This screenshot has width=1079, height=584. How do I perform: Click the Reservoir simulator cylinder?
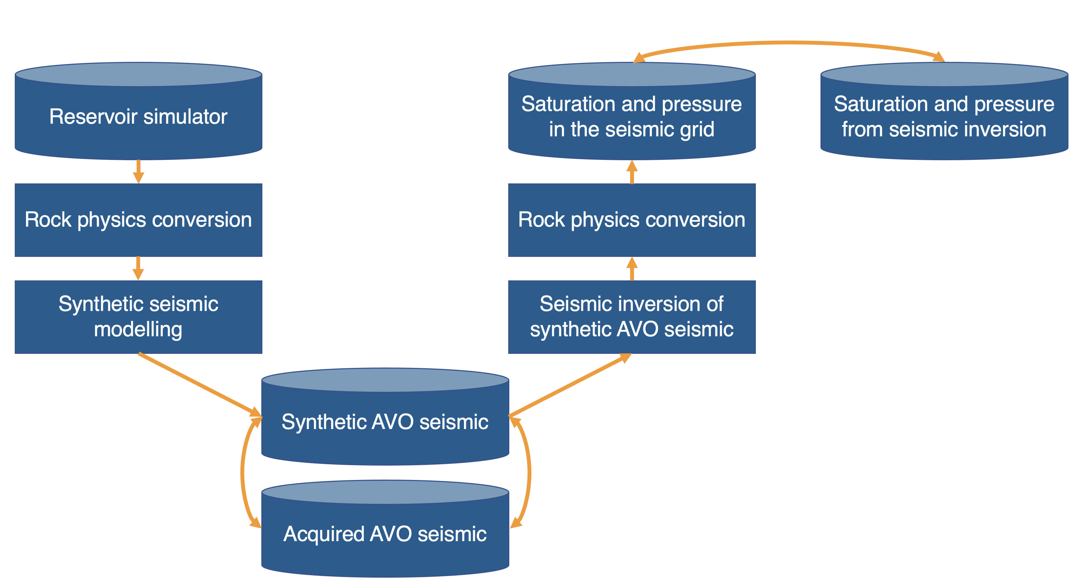pyautogui.click(x=138, y=111)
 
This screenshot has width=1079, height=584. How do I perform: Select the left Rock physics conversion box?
pyautogui.click(x=138, y=220)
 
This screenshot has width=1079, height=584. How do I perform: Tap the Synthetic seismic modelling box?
pyautogui.click(x=138, y=317)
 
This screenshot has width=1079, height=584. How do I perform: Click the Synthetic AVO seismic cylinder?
pyautogui.click(x=385, y=417)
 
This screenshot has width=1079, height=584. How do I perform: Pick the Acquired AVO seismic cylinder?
pyautogui.click(x=385, y=529)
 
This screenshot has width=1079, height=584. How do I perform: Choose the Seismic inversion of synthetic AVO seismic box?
pyautogui.click(x=632, y=317)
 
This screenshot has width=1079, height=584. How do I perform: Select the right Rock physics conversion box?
pyautogui.click(x=632, y=220)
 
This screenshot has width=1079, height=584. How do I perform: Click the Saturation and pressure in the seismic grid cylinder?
pyautogui.click(x=632, y=111)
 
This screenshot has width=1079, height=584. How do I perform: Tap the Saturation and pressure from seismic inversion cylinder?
pyautogui.click(x=944, y=111)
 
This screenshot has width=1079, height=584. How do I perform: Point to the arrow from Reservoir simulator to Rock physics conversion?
pyautogui.click(x=138, y=172)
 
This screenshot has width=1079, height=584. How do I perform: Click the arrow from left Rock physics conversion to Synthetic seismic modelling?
pyautogui.click(x=138, y=268)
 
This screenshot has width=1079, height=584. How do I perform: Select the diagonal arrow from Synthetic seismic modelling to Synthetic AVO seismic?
pyautogui.click(x=200, y=385)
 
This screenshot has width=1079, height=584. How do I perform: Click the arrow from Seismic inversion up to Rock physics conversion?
pyautogui.click(x=632, y=268)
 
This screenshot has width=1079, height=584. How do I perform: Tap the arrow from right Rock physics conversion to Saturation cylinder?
pyautogui.click(x=632, y=172)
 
